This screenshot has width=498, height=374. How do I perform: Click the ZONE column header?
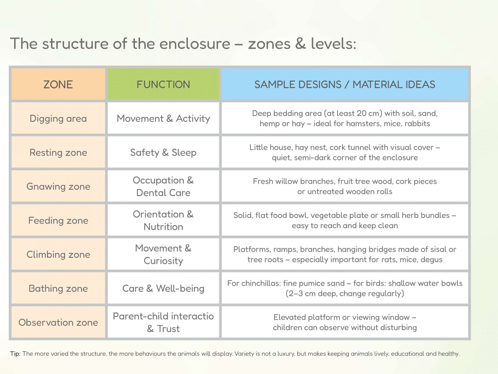click(58, 84)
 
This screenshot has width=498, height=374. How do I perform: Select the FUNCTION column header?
click(163, 84)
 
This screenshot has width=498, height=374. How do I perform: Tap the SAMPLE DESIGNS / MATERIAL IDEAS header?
click(345, 84)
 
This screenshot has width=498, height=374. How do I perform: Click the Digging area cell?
click(58, 118)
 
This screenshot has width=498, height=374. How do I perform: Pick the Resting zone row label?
click(58, 152)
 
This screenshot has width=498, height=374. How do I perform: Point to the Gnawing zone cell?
click(58, 186)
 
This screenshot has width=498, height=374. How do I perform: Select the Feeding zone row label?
click(58, 220)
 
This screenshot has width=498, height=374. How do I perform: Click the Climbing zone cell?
click(58, 254)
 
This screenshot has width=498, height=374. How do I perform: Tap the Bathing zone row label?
click(58, 288)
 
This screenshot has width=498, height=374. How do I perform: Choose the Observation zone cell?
click(58, 322)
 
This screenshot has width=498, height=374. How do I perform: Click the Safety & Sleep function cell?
click(163, 152)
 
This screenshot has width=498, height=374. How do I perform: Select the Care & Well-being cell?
click(163, 288)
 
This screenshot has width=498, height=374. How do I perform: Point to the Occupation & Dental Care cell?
click(163, 186)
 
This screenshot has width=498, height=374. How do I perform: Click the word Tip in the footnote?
click(15, 354)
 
